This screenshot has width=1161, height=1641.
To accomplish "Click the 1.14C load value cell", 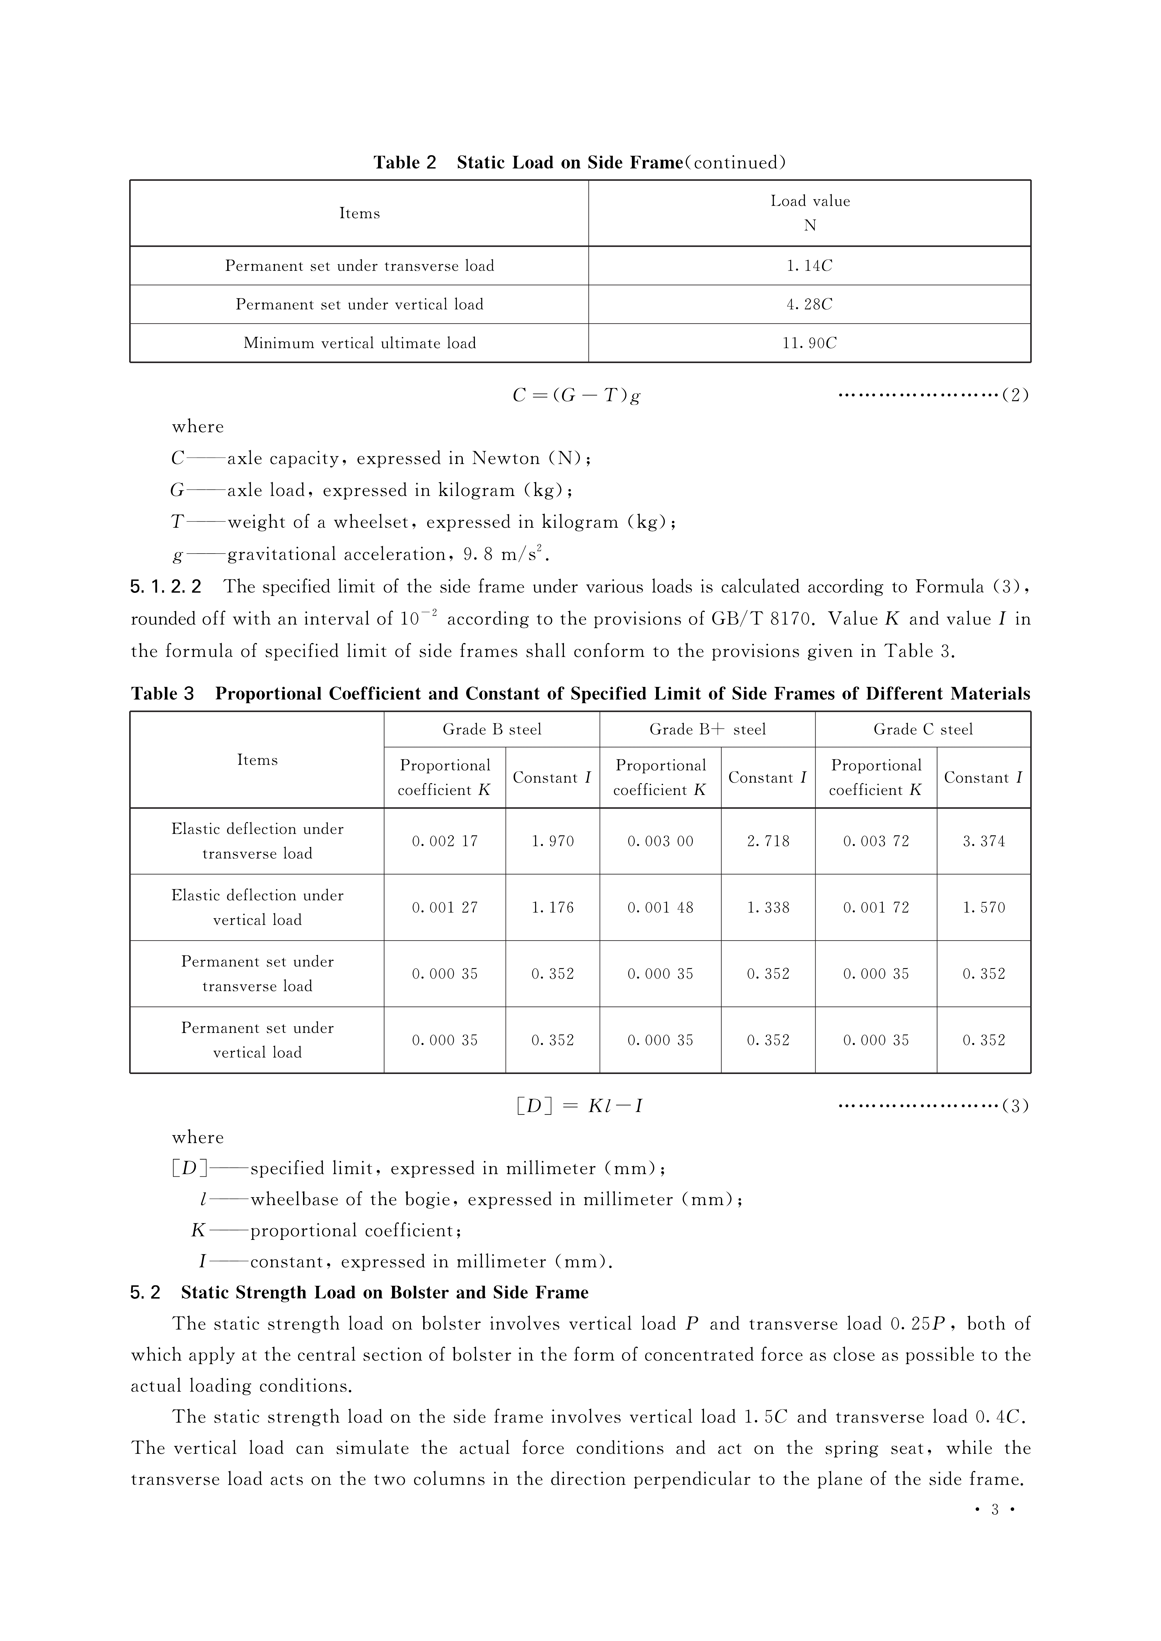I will click(809, 266).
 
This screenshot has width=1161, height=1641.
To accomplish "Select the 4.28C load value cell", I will click(809, 305).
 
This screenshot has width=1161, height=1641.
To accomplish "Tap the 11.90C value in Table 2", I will click(809, 343).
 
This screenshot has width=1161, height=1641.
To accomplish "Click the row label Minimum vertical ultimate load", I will click(359, 343).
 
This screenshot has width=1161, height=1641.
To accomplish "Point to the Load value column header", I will click(809, 213).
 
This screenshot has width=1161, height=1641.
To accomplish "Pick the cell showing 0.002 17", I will click(445, 841).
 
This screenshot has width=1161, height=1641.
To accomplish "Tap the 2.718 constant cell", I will click(768, 841).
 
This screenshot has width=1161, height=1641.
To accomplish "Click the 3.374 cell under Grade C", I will click(984, 841).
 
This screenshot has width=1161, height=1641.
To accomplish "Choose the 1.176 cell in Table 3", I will click(553, 908).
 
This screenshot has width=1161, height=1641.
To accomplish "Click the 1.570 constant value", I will click(984, 908).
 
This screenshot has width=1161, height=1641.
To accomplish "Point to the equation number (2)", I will click(1015, 395).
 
